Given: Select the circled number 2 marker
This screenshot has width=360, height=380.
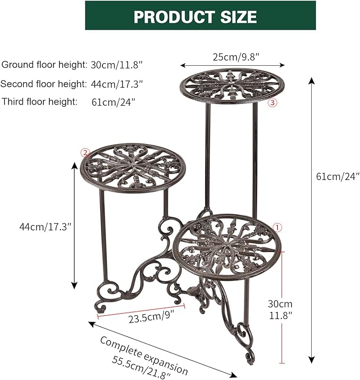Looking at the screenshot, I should coord(84,153).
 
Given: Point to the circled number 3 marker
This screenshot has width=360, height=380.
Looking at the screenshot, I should coord(273,103).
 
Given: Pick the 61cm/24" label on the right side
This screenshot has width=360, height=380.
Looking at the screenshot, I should coord(338,176).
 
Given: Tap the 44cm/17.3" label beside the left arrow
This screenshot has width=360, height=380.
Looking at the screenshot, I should coord(45,227).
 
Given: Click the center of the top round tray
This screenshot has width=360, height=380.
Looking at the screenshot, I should coord(232,84).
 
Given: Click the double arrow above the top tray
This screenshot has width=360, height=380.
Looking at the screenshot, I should coord(232,65).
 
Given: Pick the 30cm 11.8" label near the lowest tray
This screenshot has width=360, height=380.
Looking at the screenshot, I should coord(279,309).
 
